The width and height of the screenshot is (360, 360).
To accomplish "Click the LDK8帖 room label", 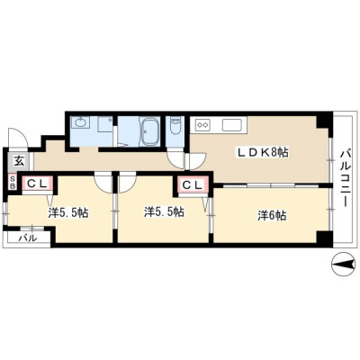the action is [263, 153].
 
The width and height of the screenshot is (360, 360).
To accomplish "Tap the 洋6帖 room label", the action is [272, 216].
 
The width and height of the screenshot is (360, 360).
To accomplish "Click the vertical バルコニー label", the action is [344, 178].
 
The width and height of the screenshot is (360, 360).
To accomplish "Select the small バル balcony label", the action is [28, 238].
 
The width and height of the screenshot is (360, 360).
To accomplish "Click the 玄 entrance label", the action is [19, 161].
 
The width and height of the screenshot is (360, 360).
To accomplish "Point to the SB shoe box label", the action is [13, 183].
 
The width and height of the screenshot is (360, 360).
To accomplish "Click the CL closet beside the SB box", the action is [37, 184].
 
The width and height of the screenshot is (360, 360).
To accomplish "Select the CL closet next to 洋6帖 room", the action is [193, 186].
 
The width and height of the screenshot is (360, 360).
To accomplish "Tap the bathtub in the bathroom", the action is [149, 131].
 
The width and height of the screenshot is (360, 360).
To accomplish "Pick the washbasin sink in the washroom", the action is [80, 122].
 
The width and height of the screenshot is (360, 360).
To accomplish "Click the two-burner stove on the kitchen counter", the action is [202, 124].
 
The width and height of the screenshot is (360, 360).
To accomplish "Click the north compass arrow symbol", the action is [342, 264].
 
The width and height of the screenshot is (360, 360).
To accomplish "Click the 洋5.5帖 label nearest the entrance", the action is [68, 212].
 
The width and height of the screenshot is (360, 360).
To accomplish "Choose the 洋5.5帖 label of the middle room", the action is [164, 212].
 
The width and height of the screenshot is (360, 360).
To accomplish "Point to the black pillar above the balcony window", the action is [325, 121].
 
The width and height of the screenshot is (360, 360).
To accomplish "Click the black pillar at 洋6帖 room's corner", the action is [324, 239].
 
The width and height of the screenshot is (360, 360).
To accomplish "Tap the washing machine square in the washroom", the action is [105, 124].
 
